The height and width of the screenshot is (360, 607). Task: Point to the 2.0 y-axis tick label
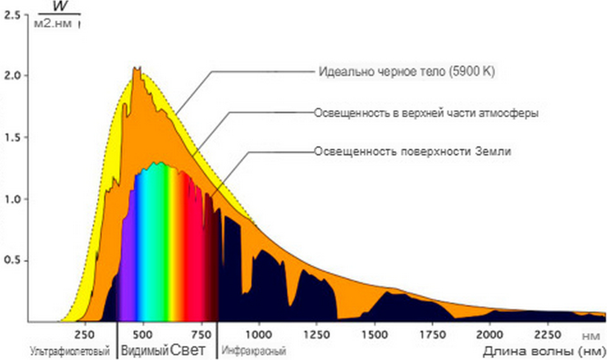12,75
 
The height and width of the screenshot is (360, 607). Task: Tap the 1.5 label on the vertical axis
12,137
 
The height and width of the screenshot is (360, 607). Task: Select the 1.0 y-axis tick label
12,199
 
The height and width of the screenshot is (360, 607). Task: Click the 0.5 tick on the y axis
12,261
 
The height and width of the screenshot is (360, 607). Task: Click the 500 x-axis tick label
142,334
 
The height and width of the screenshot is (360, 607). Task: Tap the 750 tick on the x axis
201,334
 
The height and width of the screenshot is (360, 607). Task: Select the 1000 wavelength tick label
258,334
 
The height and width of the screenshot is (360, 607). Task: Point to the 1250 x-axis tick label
316,334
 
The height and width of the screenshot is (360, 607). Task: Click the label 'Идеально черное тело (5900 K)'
407,71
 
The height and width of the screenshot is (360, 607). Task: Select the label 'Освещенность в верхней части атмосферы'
426,113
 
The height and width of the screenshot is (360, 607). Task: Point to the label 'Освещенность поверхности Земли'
412,152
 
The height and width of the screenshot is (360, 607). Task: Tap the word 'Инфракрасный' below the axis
255,351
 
